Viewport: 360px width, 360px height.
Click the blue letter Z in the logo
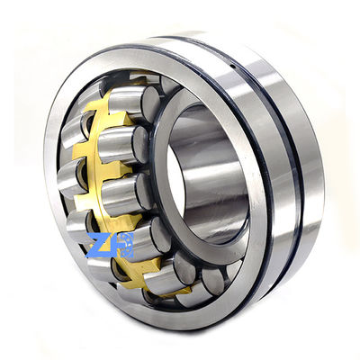point(101,246)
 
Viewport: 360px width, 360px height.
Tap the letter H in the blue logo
point(124,246)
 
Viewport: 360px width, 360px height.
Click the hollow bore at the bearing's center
point(202,175)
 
